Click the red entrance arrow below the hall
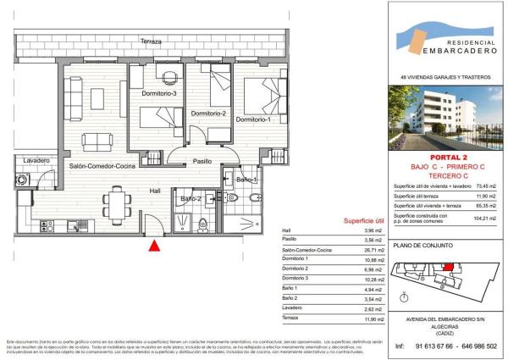pyautogui.click(x=154, y=246)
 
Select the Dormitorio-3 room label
pyautogui.click(x=158, y=93)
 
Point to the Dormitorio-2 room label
pyautogui.click(x=208, y=113)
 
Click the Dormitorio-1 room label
pyautogui.click(x=253, y=119)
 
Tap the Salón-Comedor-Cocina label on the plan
pyautogui.click(x=104, y=166)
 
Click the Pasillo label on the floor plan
pyautogui.click(x=202, y=161)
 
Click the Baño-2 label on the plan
pyautogui.click(x=190, y=199)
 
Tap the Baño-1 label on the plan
pyautogui.click(x=246, y=180)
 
